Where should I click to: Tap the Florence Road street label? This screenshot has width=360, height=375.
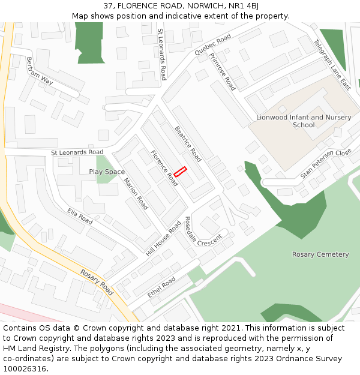(164, 167)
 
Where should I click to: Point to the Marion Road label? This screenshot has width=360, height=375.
(136, 193)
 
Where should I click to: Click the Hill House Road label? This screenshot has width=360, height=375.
(163, 238)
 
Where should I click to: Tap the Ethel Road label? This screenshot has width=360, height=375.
(161, 287)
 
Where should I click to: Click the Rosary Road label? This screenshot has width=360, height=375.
(97, 281)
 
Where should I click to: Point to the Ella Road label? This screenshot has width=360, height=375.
(80, 215)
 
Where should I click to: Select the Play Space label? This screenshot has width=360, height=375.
(107, 172)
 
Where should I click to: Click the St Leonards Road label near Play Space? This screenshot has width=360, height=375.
(77, 152)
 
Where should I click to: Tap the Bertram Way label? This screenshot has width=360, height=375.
(40, 71)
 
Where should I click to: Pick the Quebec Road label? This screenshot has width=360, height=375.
(212, 45)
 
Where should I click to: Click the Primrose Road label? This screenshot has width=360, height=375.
(223, 71)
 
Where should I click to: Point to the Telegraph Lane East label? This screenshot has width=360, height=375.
(332, 65)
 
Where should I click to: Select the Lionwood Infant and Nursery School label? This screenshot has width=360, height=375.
(304, 121)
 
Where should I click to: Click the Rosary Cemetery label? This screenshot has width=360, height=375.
(320, 254)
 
